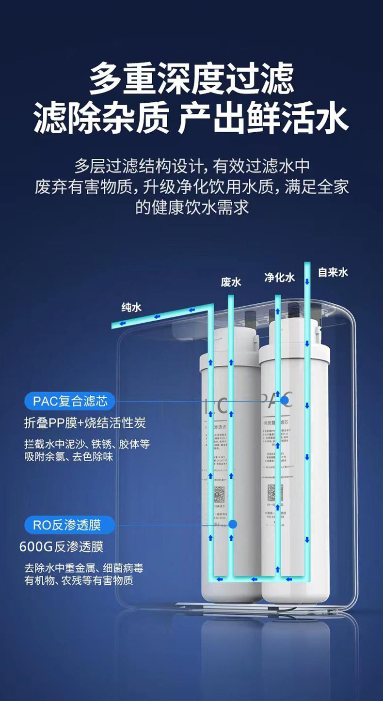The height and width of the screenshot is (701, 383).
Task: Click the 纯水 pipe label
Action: (131, 307)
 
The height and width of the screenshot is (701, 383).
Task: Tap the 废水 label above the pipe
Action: (231, 282)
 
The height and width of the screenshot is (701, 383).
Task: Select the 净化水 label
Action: (279, 277)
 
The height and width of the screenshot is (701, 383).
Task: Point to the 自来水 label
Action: (333, 272)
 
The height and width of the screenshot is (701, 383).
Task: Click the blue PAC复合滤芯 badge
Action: (70, 401)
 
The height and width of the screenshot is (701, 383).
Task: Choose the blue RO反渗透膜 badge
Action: (70, 525)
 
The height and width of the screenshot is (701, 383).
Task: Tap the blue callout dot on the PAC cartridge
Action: (285, 401)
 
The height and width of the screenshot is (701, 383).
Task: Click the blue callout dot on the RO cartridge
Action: (232, 524)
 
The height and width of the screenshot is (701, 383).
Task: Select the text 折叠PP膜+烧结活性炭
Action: (85, 423)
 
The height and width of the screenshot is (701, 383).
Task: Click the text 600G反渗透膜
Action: (61, 547)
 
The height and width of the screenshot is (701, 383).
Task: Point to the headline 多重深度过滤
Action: (191, 79)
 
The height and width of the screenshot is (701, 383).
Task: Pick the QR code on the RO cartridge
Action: (221, 495)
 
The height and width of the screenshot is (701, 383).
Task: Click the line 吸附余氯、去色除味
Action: (69, 456)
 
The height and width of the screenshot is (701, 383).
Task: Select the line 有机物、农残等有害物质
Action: (79, 580)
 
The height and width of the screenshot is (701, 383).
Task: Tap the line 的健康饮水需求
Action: (191, 207)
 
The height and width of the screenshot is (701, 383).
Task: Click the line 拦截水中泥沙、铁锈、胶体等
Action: (87, 444)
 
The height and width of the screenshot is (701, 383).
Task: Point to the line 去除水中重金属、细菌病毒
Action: (84, 568)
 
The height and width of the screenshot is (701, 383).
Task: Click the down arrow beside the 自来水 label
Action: (307, 281)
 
